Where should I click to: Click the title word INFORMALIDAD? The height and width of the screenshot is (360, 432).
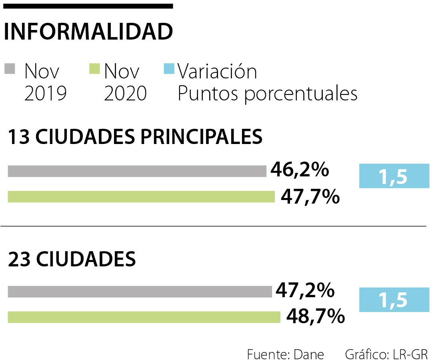88,32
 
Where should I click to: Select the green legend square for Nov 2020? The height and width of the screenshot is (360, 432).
94,69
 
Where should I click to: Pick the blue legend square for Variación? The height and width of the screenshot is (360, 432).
169,68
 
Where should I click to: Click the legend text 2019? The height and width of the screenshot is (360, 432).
45,94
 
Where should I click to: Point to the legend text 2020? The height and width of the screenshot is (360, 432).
125,94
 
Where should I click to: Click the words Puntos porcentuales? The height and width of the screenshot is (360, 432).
267,94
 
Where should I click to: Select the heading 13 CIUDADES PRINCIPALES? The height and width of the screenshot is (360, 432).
135,137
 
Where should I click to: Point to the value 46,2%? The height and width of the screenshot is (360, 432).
300,170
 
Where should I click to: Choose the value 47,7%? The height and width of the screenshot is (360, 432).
310,197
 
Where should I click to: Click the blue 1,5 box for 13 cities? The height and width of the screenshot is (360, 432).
394,176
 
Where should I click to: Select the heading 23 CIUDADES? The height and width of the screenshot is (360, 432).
72,260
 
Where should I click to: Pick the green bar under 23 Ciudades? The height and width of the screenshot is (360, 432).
144,317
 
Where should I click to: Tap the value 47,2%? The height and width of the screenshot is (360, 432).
305,290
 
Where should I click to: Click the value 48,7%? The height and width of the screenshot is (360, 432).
315,317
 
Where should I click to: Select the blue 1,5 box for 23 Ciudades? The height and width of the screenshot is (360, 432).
394,300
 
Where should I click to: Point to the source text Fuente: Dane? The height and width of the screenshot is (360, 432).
285,354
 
